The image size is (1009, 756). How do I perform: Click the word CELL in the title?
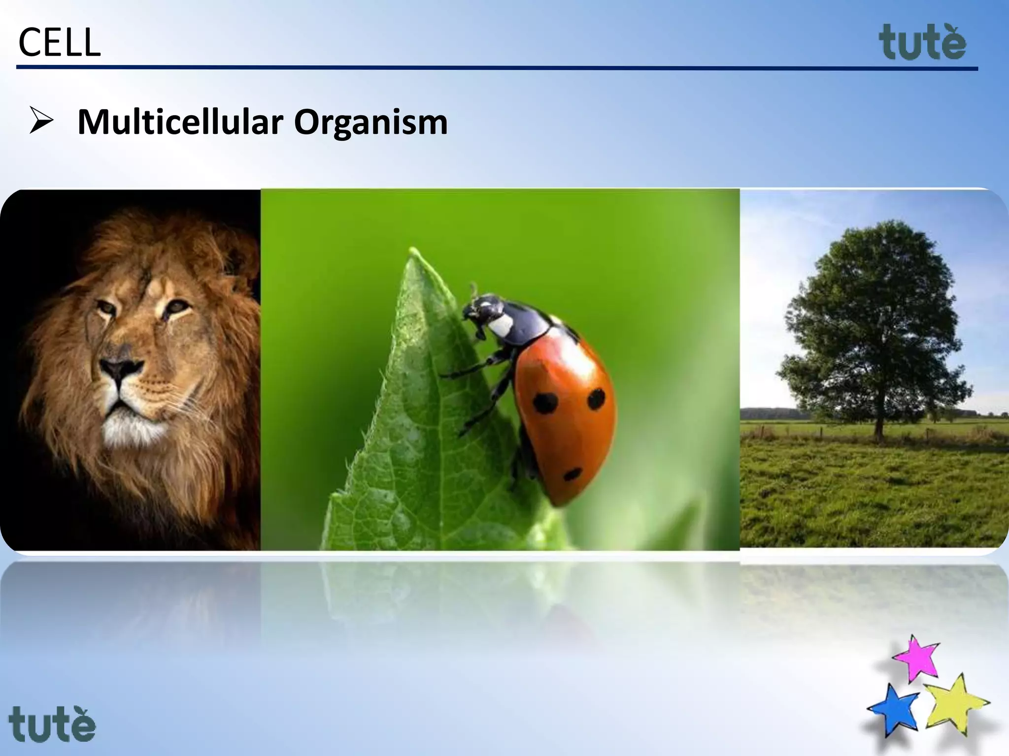click(59, 43)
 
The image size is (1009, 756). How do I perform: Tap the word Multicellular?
click(180, 122)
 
